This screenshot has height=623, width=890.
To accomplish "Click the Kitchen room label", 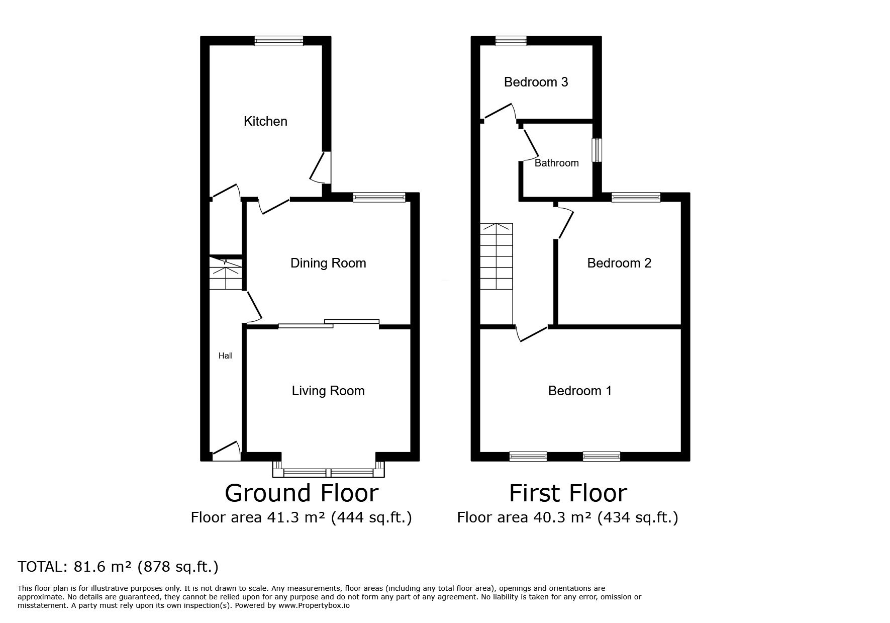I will pos(265,121).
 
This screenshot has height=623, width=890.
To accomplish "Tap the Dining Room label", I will pos(328,263).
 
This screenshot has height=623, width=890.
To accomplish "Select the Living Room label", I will pos(328,391).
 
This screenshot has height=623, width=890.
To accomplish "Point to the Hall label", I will pos(226,355).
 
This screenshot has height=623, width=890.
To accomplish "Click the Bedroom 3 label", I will pos(536,82).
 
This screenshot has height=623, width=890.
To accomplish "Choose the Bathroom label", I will pos(556,163).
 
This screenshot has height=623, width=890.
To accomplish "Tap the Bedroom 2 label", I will pos(619,263).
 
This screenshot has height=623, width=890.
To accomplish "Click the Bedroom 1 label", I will pos(580,391).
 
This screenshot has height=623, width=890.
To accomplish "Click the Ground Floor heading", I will pos(302,493).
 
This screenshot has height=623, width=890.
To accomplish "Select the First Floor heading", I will pos(568,493).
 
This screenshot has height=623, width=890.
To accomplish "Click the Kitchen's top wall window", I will pos(279,41).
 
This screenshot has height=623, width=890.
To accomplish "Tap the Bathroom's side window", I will pos(597,150).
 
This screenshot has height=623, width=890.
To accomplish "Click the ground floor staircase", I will pos(226,274).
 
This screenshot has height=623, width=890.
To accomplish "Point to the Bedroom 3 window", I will pos(511,41).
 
